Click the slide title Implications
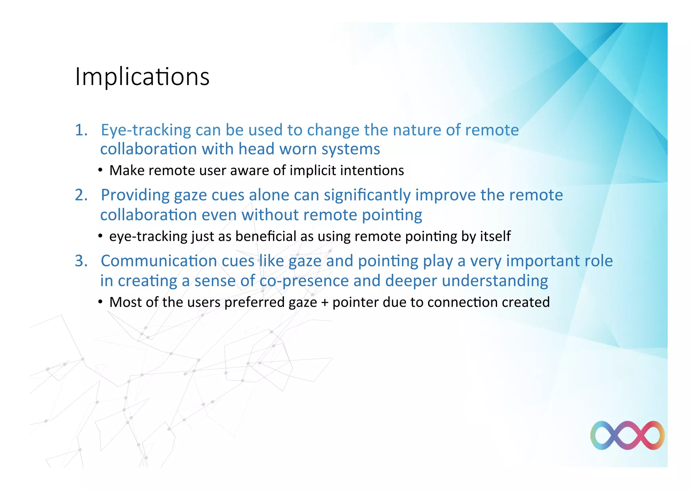pos(142,77)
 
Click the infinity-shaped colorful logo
pos(627,435)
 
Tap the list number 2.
pos(81,195)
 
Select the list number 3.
pos(81,261)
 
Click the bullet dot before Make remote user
pos(100,170)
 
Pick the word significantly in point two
pos(367,195)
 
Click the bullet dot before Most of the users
pos(100,302)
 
